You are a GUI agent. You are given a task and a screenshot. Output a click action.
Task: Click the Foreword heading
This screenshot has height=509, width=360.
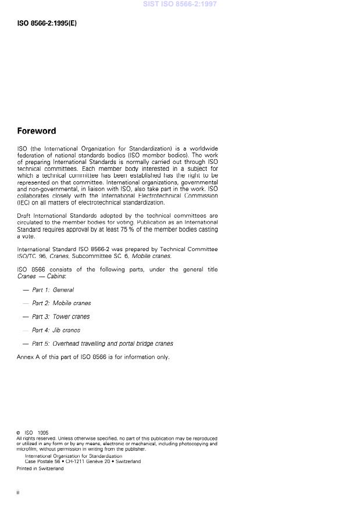pos(36,131)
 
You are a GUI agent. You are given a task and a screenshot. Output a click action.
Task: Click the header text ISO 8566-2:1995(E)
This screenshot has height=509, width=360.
pos(47,24)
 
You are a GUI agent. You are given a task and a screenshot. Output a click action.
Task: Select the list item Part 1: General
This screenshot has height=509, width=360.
pos(53,289)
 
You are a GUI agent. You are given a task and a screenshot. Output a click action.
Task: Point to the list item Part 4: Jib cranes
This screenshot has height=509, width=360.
pos(56,330)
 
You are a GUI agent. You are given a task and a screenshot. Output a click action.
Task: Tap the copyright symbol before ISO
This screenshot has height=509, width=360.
pos(19,433)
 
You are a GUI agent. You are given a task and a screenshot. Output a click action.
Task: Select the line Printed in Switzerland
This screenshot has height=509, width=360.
pos(40,468)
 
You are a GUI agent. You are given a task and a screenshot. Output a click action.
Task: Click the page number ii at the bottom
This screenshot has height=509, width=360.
pos(19,493)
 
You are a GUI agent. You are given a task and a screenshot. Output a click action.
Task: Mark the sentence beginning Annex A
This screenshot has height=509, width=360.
pos(93,357)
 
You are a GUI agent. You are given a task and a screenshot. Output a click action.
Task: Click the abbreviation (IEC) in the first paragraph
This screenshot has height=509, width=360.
pos(24,203)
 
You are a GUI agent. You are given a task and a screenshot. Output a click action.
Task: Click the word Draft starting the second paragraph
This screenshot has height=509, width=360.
pos(25,216)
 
